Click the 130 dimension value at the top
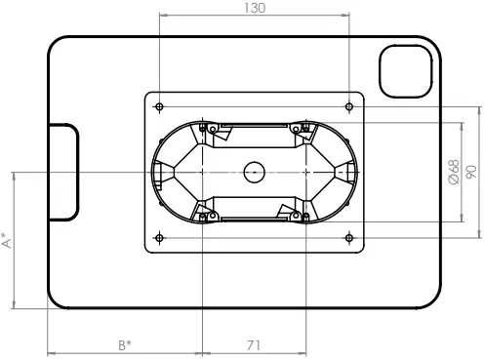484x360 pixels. point(254,8)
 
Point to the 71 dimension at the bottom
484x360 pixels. point(252,344)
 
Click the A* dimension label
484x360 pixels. point(7,240)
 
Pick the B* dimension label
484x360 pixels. point(124,344)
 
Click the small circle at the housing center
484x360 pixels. point(254,172)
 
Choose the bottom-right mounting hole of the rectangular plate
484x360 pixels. point(348,236)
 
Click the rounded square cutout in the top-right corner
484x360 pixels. point(403,71)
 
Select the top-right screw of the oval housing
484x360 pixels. point(305,128)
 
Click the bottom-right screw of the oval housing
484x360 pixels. point(305,216)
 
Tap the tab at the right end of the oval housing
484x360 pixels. point(346,172)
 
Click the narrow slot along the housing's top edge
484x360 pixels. point(254,125)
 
